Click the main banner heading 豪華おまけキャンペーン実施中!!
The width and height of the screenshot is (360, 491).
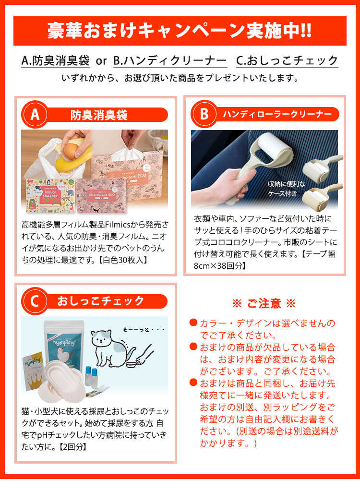[x=180, y=31]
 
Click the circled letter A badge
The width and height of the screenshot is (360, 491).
[x=35, y=115]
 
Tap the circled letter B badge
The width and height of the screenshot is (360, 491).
[x=204, y=114]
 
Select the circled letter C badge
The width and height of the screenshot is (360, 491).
[x=35, y=301]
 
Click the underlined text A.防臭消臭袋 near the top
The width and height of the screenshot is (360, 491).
[x=56, y=61]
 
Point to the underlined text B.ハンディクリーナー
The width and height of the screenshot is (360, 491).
[x=170, y=61]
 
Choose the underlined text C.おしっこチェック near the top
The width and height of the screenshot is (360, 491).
[x=287, y=61]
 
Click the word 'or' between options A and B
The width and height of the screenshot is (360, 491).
[x=101, y=61]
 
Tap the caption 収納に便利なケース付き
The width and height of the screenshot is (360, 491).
[x=286, y=189]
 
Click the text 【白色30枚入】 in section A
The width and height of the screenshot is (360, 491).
[x=123, y=261]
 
